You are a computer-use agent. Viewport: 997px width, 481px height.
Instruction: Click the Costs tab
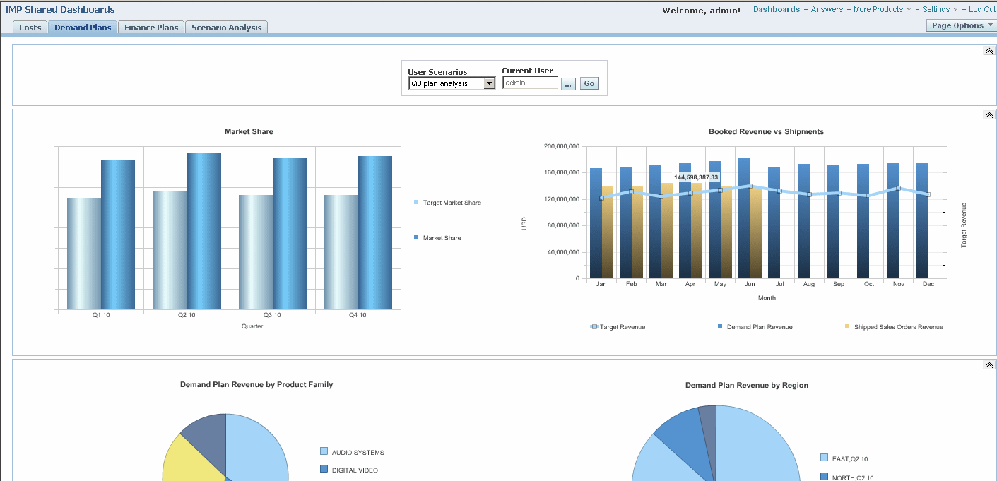coord(30,28)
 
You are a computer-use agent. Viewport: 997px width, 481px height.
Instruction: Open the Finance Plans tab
coord(151,28)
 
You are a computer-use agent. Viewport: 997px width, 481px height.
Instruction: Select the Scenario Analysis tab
coord(226,28)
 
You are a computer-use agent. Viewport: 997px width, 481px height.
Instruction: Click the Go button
coord(589,83)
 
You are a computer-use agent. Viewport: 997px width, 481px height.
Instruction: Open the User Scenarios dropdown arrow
coord(489,83)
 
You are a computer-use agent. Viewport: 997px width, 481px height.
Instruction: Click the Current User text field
coord(530,83)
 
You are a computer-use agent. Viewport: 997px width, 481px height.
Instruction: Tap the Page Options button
coord(961,25)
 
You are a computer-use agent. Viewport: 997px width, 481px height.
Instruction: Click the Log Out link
coord(981,9)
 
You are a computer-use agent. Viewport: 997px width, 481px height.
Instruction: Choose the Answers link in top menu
coord(827,9)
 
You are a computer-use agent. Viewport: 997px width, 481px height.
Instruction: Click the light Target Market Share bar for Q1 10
coord(84,254)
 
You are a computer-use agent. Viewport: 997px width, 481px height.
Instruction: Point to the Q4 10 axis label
coord(358,315)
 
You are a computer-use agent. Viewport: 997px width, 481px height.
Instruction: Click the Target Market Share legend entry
coord(452,203)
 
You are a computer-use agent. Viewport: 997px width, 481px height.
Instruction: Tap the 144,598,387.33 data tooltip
coord(696,177)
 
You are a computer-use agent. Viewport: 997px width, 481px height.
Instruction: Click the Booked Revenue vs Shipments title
coord(766,131)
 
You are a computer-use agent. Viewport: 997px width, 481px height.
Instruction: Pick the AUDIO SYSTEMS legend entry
coord(358,452)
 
